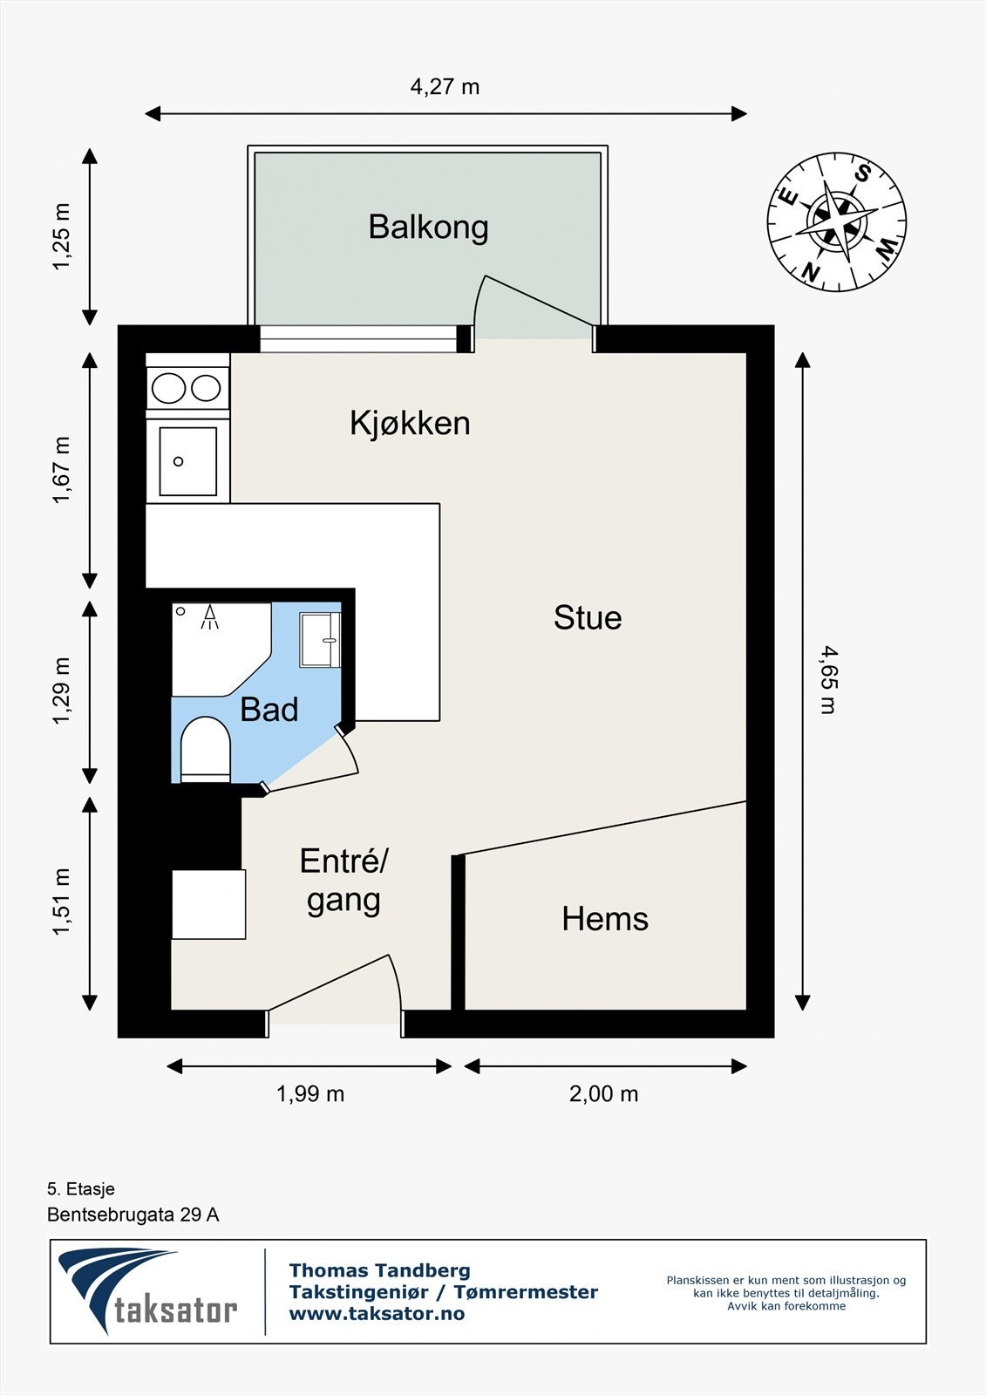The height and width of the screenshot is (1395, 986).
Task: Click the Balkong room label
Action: pyautogui.click(x=427, y=227)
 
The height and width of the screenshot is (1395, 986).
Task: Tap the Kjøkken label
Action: pyautogui.click(x=410, y=423)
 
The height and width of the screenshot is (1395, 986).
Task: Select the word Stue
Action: pyautogui.click(x=588, y=617)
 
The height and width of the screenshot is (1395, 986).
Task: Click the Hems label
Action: pyautogui.click(x=605, y=919)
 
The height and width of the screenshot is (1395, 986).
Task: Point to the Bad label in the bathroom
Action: pyautogui.click(x=269, y=710)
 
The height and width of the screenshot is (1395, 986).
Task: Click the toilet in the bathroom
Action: pyautogui.click(x=205, y=748)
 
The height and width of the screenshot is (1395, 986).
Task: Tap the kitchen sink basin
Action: pyautogui.click(x=187, y=461)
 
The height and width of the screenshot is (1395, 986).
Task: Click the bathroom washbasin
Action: pyautogui.click(x=319, y=640)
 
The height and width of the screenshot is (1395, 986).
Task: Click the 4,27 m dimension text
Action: pyautogui.click(x=445, y=86)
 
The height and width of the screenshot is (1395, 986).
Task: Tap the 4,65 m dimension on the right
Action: pyautogui.click(x=828, y=679)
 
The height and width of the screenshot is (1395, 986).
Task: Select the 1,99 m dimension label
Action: pyautogui.click(x=310, y=1093)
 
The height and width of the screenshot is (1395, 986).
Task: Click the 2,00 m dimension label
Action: pyautogui.click(x=603, y=1093)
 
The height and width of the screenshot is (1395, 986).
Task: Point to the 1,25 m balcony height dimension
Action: pyautogui.click(x=61, y=236)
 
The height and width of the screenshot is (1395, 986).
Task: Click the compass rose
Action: pyautogui.click(x=836, y=221)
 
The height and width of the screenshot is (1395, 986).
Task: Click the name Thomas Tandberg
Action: pyautogui.click(x=379, y=1270)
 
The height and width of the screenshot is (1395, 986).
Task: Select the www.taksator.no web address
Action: pyautogui.click(x=377, y=1313)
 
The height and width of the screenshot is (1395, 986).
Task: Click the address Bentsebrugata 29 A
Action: pyautogui.click(x=133, y=1215)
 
